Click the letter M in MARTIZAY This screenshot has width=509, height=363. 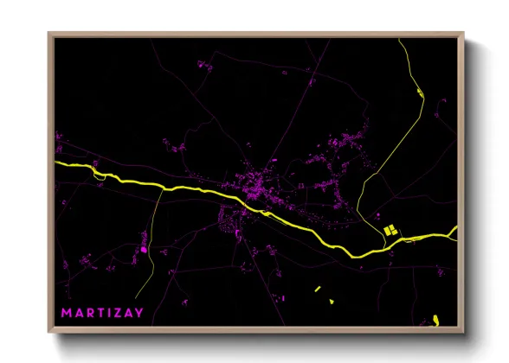65,310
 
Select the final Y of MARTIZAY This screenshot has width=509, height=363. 140,310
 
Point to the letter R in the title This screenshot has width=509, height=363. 89,310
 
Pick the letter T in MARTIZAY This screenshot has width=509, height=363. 101,310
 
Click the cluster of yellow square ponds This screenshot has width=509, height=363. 390,230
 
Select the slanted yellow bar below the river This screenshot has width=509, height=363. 318,289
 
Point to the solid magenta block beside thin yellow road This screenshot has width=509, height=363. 144,251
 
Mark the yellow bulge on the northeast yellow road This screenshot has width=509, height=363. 419,91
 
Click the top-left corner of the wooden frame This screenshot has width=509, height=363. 49,34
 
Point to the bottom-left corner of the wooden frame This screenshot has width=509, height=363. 49,334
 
